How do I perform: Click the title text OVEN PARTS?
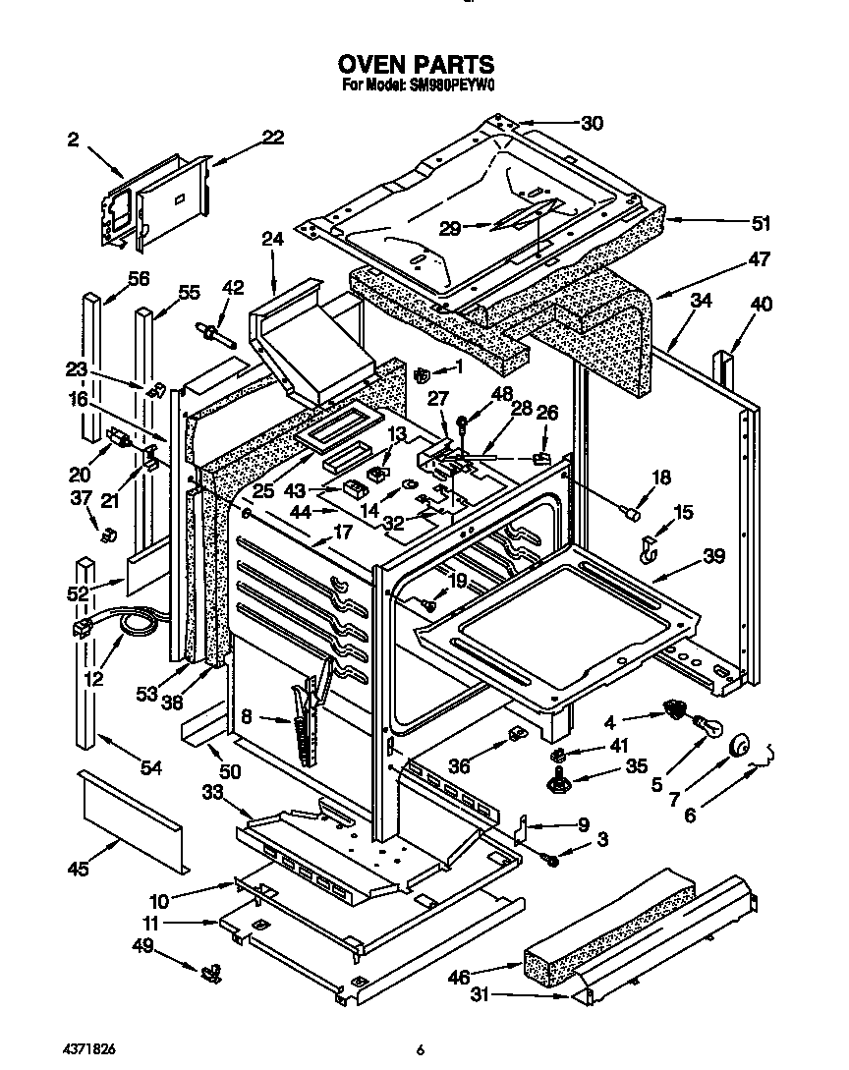coord(417,65)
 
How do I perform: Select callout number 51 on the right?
coord(760,223)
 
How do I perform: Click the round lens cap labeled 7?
coord(739,752)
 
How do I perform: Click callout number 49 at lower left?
coord(144,946)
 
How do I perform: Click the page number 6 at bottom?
coord(420,1050)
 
